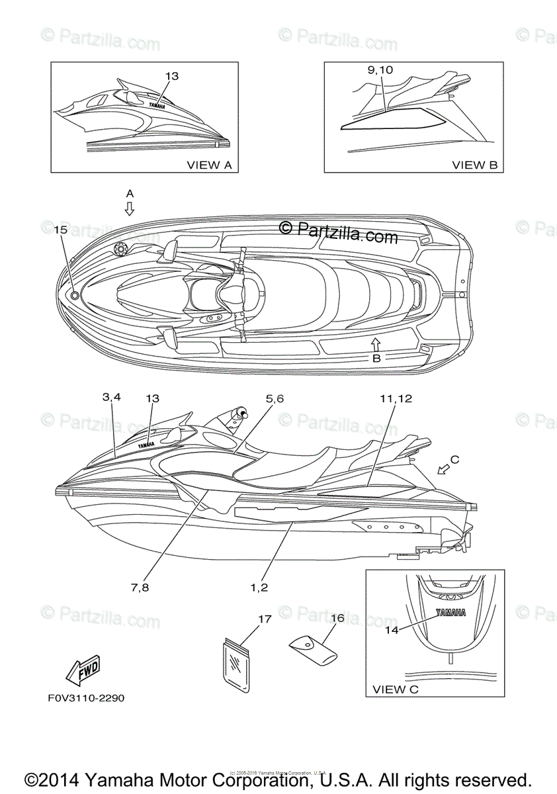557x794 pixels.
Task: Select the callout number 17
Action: (265, 619)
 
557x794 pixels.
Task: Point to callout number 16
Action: (337, 618)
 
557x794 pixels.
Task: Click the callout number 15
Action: (60, 230)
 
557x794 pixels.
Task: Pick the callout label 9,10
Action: (380, 69)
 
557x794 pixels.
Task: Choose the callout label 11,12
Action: (396, 398)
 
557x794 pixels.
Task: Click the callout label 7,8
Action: (140, 587)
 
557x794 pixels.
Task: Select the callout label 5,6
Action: (275, 398)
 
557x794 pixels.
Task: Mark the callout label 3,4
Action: (112, 397)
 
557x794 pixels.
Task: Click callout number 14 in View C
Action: (392, 630)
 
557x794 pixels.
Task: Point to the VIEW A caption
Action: (210, 165)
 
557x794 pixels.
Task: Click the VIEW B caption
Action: (474, 165)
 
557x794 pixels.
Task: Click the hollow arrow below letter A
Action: (130, 209)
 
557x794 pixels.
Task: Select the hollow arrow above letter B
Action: (376, 343)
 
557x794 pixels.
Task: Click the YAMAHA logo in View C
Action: (450, 612)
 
